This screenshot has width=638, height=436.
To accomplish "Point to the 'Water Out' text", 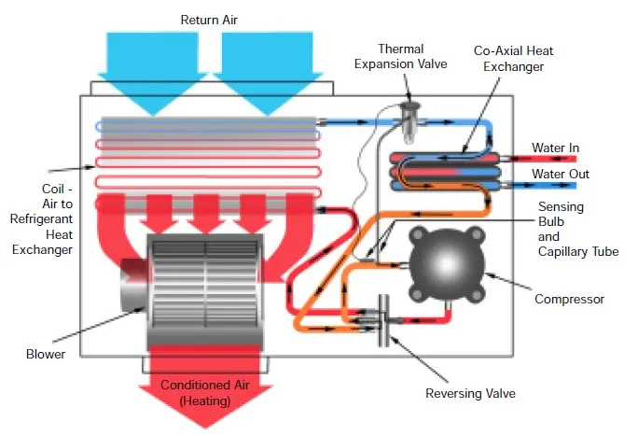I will pyautogui.click(x=560, y=175).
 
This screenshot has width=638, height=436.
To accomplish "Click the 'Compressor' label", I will pyautogui.click(x=569, y=300).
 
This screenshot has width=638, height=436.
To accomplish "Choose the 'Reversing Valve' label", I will pyautogui.click(x=470, y=393).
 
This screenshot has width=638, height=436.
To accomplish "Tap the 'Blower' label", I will pyautogui.click(x=47, y=354).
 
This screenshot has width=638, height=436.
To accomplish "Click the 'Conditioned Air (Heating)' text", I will pyautogui.click(x=203, y=392).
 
